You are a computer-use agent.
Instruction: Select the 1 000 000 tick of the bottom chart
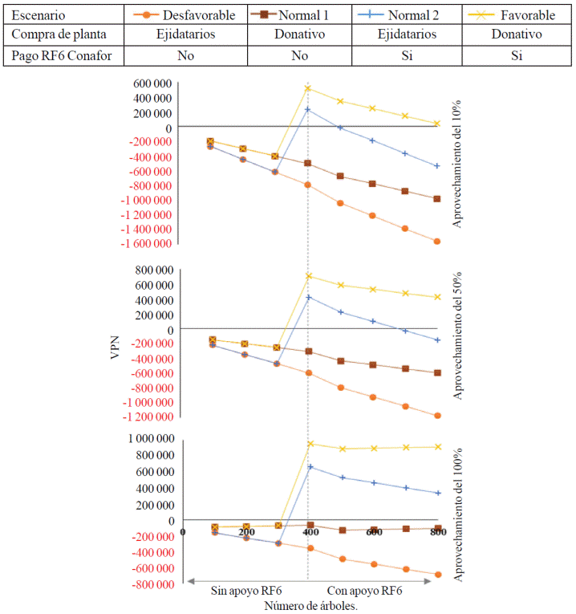click(146, 439)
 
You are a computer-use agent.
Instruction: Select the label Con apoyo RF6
click(365, 592)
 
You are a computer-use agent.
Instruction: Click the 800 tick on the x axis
click(438, 532)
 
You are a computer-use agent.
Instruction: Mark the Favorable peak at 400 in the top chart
click(308, 88)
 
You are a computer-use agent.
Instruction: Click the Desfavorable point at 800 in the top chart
click(438, 241)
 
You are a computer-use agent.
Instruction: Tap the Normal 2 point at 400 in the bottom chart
click(310, 466)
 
